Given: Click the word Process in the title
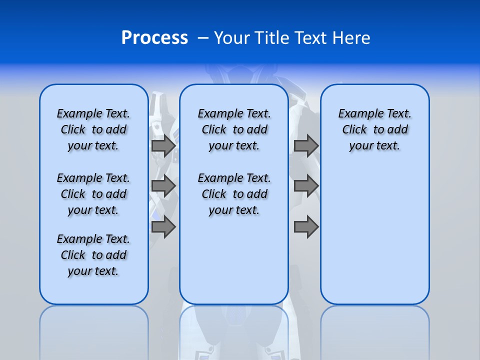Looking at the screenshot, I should tap(154, 38).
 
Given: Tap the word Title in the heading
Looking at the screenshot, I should tap(273, 38).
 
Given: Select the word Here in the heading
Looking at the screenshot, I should tap(352, 38).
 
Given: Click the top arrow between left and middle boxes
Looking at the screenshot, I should tap(163, 146).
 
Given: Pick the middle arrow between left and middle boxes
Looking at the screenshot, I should tap(163, 186).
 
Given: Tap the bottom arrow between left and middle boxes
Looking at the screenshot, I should tap(163, 227).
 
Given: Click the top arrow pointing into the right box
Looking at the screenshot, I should tap(306, 146).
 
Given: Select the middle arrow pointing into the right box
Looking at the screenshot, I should tap(306, 186).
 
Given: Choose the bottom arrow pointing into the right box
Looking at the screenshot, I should tap(306, 227).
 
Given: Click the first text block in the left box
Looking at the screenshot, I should tap(93, 129).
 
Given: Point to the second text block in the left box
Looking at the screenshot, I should tap(93, 194).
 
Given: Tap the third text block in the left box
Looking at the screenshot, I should tap(93, 255).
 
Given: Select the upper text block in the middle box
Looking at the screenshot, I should tap(234, 129).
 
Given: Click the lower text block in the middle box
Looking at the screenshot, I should tap(234, 194).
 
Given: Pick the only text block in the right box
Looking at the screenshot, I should tap(374, 129).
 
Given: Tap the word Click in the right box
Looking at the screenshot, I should tap(354, 130).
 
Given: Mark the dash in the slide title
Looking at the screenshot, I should tap(203, 38).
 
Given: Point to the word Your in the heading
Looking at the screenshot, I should tap(232, 38).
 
